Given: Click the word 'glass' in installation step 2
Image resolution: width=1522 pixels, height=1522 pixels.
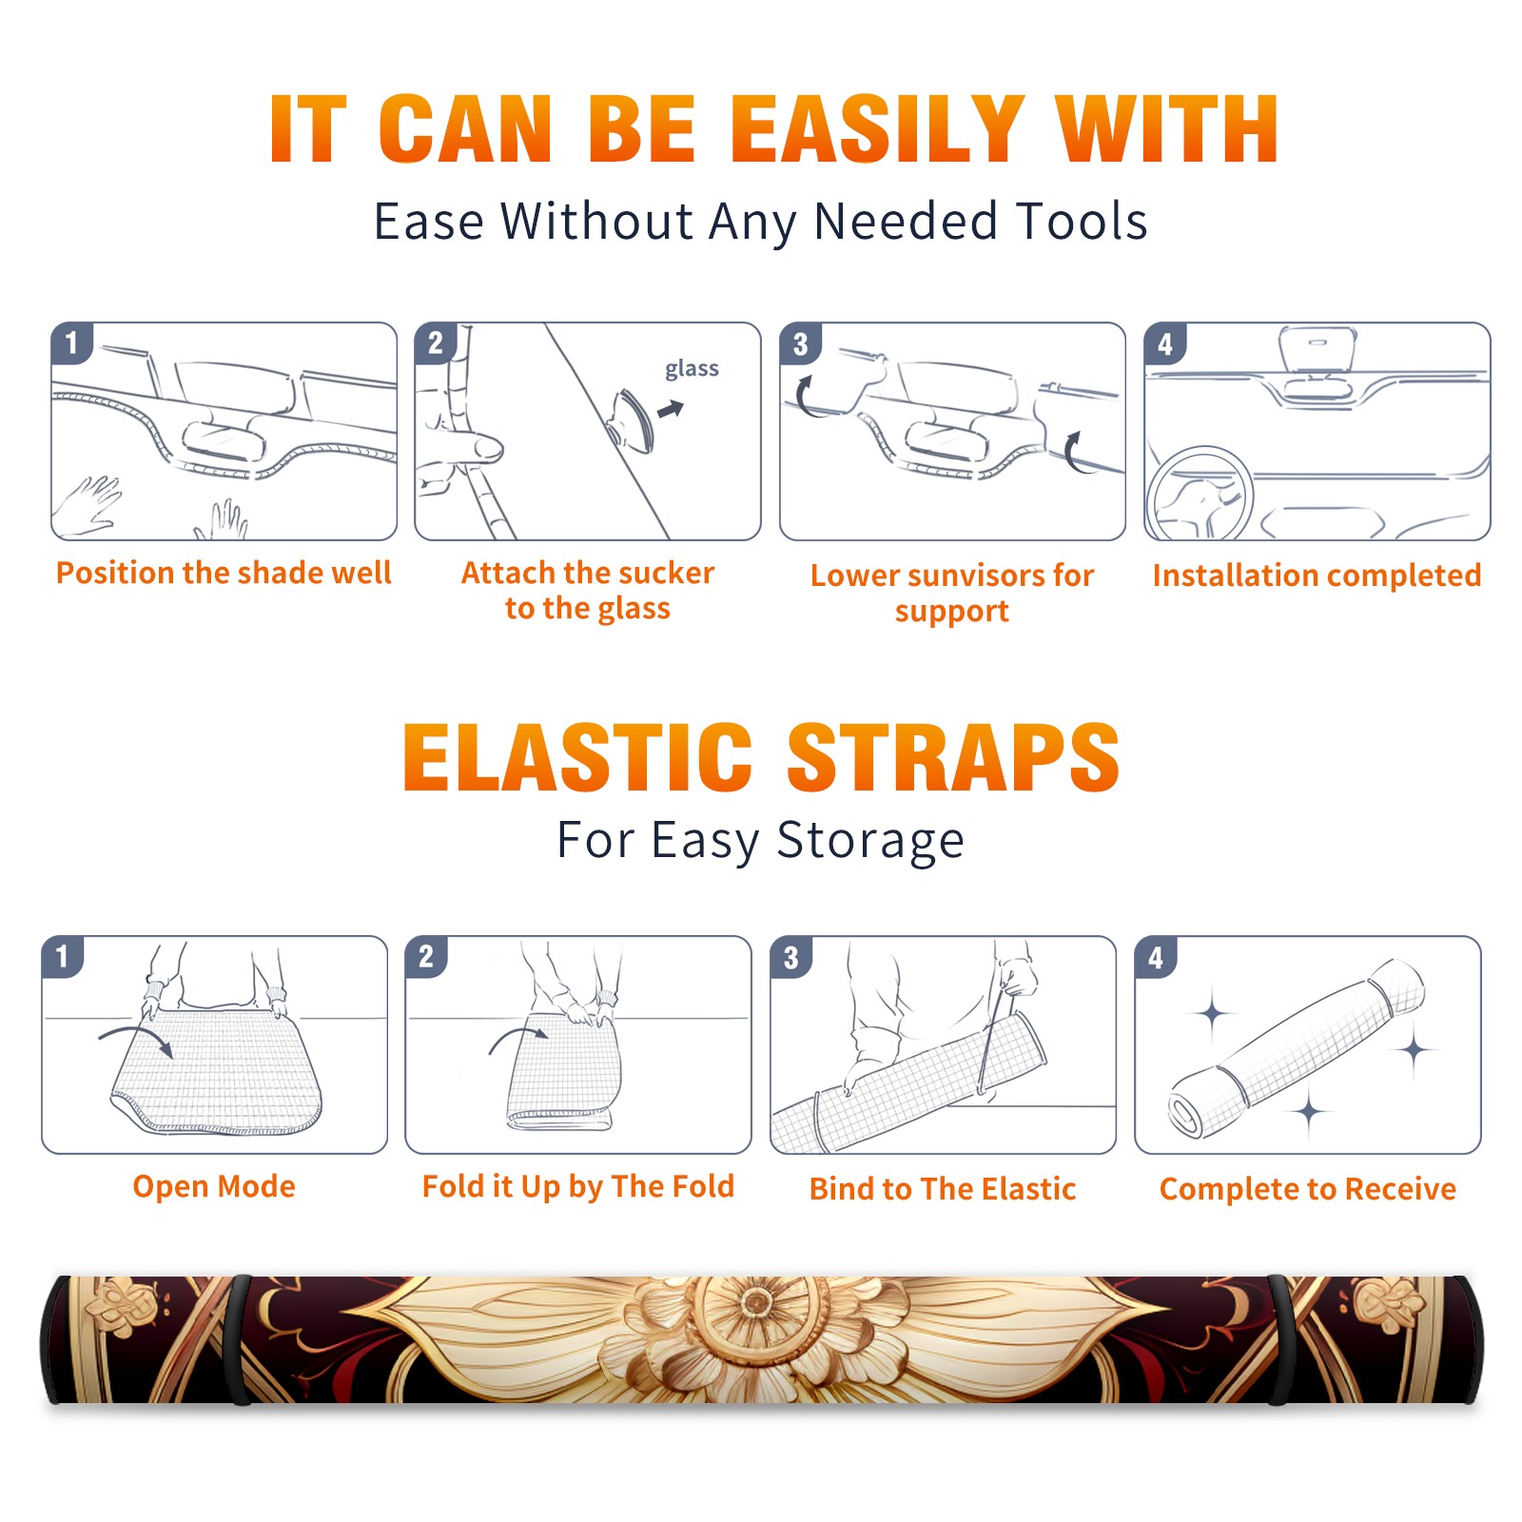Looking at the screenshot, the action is [x=692, y=368].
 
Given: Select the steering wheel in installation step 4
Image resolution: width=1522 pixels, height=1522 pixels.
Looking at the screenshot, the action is [x=1198, y=493].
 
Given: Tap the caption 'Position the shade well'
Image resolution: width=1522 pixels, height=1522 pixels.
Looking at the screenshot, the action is [x=224, y=573].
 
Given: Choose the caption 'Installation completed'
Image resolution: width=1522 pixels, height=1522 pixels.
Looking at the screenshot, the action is [x=1317, y=575].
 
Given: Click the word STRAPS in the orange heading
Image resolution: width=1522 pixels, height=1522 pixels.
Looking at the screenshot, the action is [x=953, y=757].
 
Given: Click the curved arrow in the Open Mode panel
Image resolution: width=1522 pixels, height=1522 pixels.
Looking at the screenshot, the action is [x=136, y=1039].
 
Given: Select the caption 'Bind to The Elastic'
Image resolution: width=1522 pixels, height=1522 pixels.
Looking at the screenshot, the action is [x=943, y=1189].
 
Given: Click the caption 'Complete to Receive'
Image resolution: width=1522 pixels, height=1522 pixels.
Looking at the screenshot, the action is [x=1308, y=1189].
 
